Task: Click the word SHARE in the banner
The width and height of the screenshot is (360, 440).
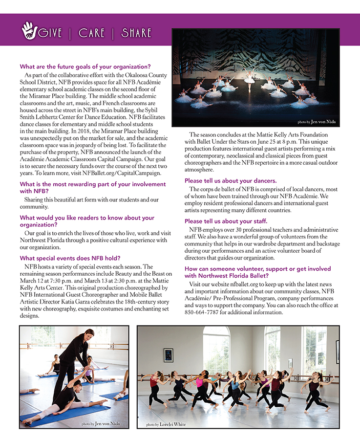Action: (x=136, y=33)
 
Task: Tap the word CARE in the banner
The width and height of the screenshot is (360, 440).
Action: (x=91, y=33)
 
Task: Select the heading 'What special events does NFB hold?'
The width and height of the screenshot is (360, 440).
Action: (x=70, y=258)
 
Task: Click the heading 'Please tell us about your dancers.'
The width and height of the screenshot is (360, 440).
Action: (x=231, y=180)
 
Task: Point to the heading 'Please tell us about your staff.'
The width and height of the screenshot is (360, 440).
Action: (x=226, y=221)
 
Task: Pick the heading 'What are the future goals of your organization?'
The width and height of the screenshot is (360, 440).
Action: (x=85, y=66)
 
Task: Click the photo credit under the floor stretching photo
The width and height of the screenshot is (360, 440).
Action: (x=100, y=423)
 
